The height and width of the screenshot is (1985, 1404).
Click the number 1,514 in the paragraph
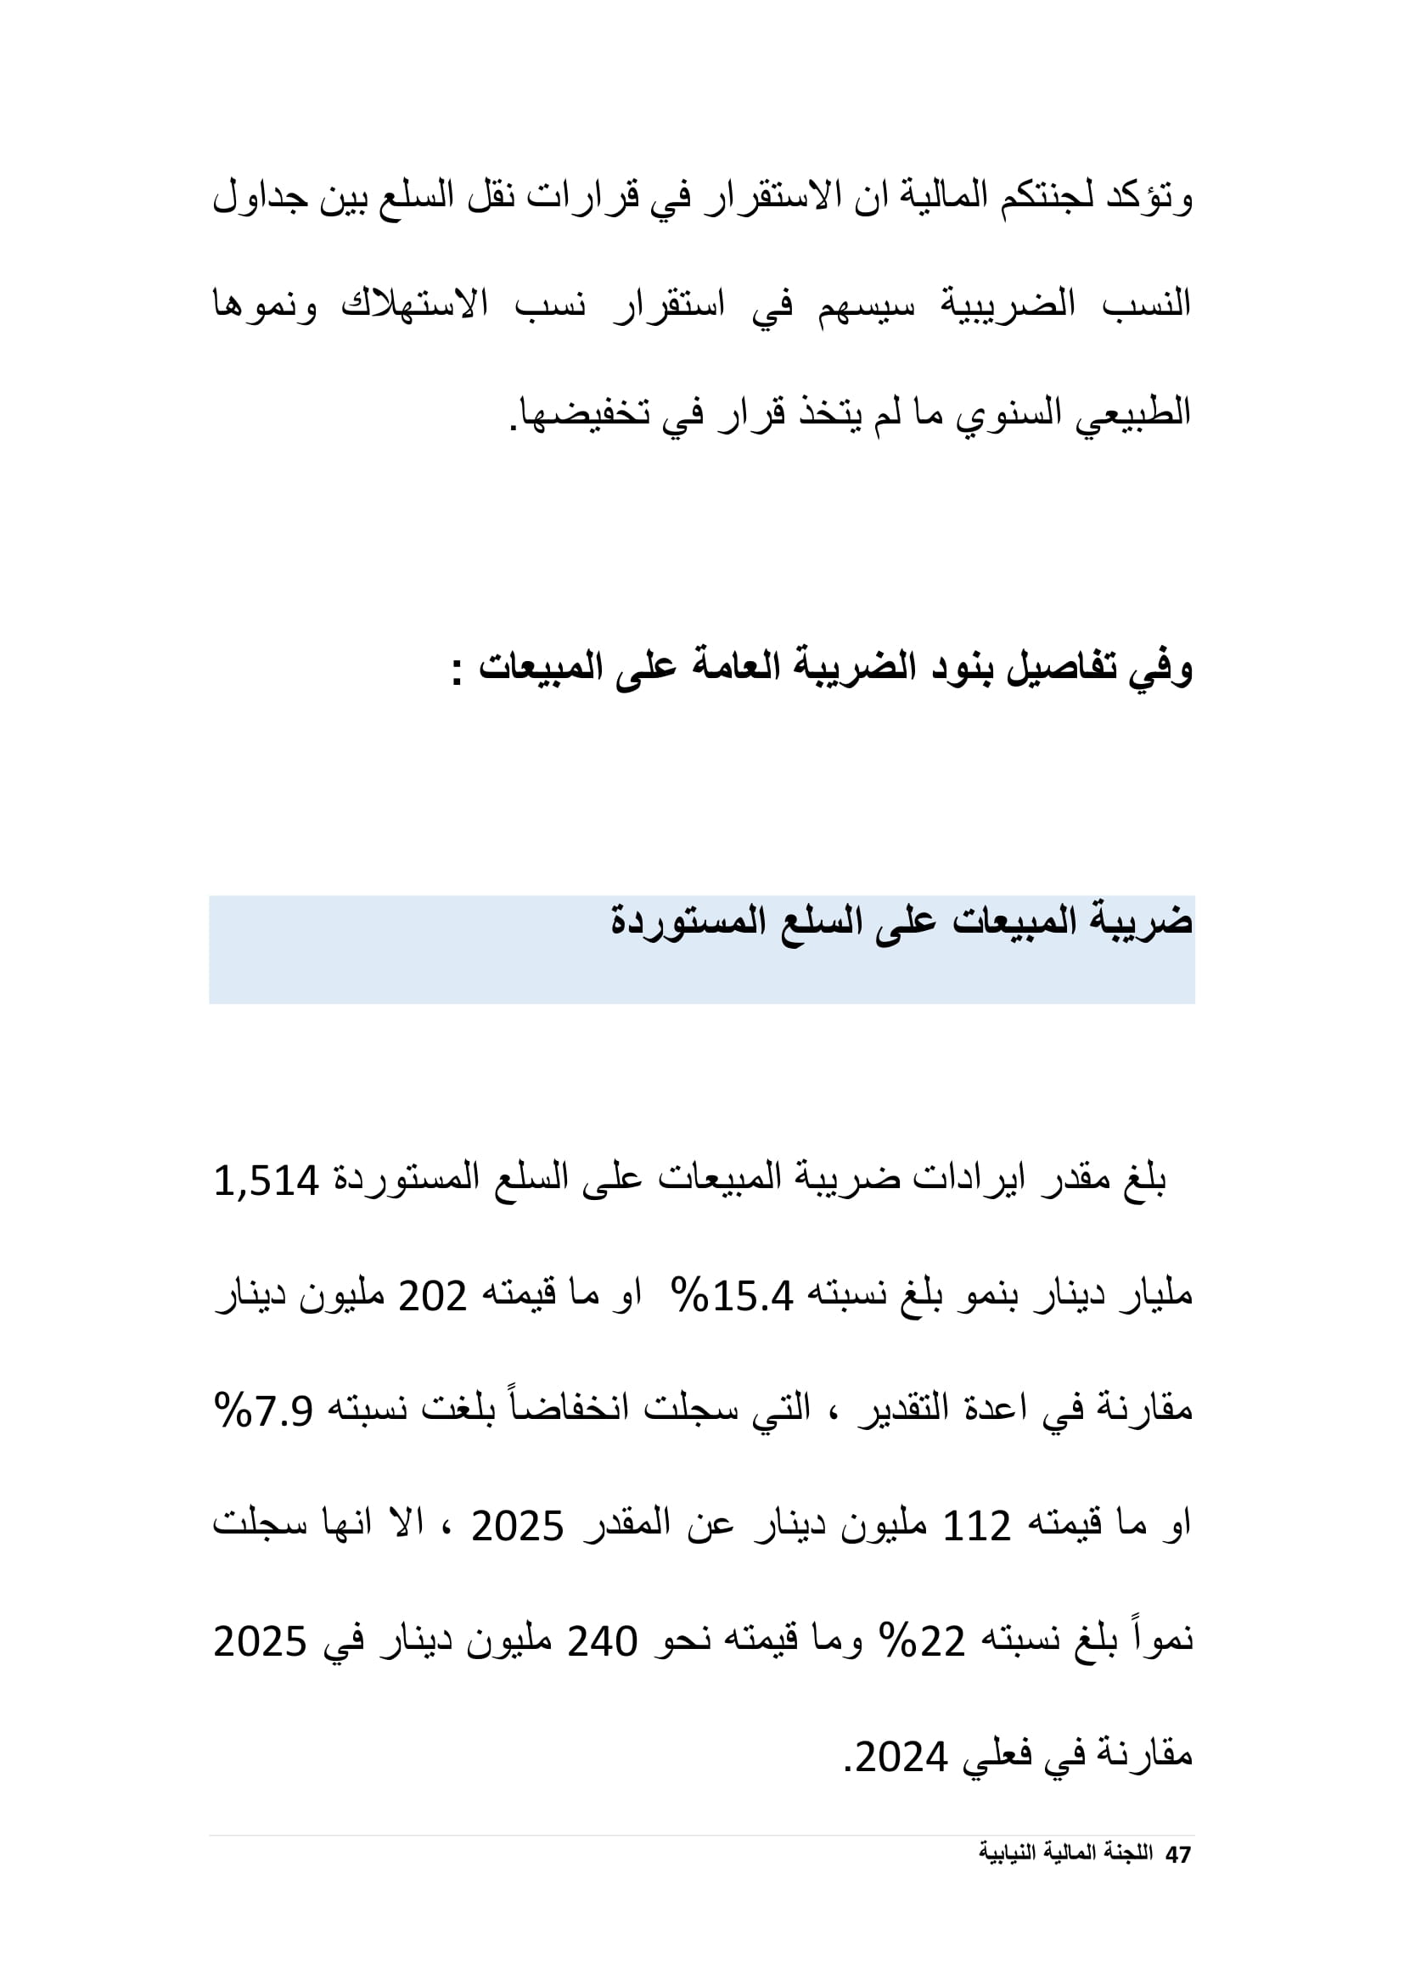click(267, 1180)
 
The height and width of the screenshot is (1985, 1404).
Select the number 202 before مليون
click(432, 1295)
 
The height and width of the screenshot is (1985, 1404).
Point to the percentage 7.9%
click(263, 1411)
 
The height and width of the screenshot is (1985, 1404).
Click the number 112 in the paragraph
click(976, 1527)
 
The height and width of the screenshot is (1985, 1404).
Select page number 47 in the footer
click(1178, 1854)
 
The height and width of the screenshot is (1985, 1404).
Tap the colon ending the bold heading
click(457, 671)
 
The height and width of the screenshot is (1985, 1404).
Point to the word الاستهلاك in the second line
click(415, 305)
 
